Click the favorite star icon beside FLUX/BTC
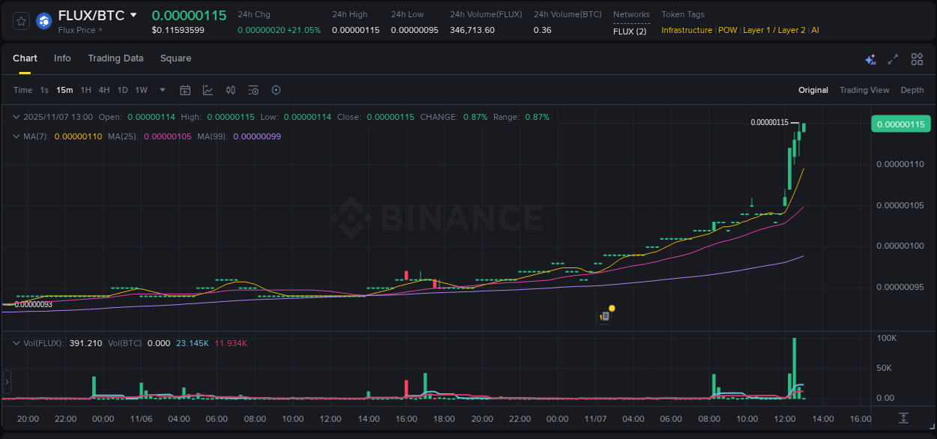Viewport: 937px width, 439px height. [x=22, y=21]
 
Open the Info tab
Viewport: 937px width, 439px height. [x=62, y=58]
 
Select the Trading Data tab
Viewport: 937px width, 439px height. [x=115, y=58]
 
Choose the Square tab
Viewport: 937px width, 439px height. [x=175, y=58]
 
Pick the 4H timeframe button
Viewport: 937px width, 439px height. [x=104, y=90]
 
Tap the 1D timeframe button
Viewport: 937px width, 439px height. [x=122, y=90]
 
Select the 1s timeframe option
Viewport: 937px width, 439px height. [x=44, y=90]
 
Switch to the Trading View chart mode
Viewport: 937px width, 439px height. [x=864, y=90]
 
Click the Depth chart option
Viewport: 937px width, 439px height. [x=912, y=90]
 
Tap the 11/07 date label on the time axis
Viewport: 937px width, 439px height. [x=596, y=419]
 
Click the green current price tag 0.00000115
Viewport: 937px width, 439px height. [x=900, y=124]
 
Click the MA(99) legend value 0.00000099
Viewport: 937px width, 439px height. [x=257, y=136]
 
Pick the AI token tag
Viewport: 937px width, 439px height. [x=815, y=30]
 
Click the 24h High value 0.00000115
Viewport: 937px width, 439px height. [x=355, y=30]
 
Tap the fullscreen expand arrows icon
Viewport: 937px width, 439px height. [x=893, y=59]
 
